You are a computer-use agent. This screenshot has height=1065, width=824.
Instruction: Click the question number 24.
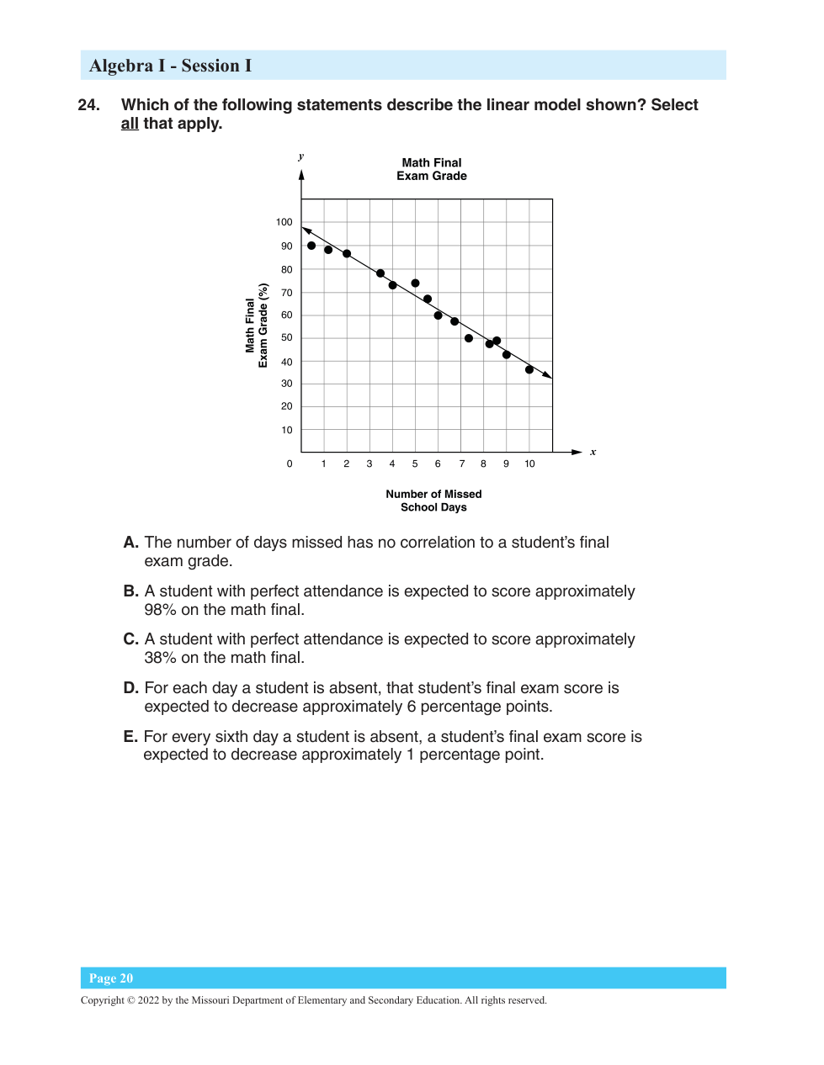88,105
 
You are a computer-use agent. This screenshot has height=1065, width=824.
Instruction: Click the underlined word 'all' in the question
130,124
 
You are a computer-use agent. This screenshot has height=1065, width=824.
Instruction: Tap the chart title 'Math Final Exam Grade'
432,169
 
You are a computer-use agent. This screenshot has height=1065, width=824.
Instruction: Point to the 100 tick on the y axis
284,222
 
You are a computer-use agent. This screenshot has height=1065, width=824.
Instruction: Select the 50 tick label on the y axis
287,337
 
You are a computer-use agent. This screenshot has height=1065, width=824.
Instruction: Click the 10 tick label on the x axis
529,464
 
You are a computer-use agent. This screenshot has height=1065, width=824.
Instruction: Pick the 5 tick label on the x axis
415,464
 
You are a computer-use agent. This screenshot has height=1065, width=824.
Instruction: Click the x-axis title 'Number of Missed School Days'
433,501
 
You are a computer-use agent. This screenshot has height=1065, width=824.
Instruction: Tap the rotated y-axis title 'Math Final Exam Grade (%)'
257,326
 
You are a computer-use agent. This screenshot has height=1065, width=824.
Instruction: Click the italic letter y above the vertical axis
301,156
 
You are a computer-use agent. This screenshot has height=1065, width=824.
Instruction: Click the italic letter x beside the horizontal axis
593,452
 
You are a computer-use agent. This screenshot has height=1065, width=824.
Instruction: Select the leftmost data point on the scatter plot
311,246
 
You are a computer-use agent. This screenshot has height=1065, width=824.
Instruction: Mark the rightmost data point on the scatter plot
529,369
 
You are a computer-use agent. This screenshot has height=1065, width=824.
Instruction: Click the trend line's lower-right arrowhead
548,375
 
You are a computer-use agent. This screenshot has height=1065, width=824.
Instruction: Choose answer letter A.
130,543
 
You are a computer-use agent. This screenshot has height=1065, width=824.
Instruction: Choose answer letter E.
130,737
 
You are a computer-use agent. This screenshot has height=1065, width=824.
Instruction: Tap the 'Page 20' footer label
111,978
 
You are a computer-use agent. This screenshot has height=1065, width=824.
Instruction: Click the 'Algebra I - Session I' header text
170,66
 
